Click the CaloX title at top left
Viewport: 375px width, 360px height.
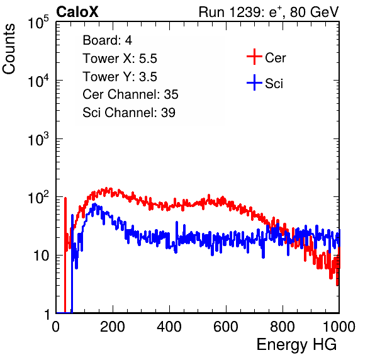pyautogui.click(x=77, y=12)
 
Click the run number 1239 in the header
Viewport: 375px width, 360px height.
pyautogui.click(x=244, y=12)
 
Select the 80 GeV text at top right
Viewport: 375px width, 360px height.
pyautogui.click(x=314, y=12)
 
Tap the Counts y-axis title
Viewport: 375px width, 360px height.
pyautogui.click(x=9, y=49)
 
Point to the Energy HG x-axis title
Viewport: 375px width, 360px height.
pyautogui.click(x=296, y=345)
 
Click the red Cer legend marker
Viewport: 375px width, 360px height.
pyautogui.click(x=254, y=57)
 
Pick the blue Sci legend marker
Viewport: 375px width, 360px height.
pyautogui.click(x=254, y=82)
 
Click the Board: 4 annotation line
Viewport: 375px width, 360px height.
pyautogui.click(x=107, y=40)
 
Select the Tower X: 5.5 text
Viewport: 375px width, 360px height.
pyautogui.click(x=120, y=59)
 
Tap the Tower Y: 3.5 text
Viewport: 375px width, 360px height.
pyautogui.click(x=120, y=77)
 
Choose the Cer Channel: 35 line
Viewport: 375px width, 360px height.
pyautogui.click(x=130, y=94)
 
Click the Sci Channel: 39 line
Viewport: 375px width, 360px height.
pyautogui.click(x=129, y=113)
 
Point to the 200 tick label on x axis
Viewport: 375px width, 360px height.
pyautogui.click(x=113, y=327)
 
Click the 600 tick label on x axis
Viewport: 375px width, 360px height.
pyautogui.click(x=226, y=327)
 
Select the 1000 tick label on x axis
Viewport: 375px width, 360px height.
pyautogui.click(x=339, y=327)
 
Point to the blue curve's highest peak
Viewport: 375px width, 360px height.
pyautogui.click(x=95, y=204)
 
